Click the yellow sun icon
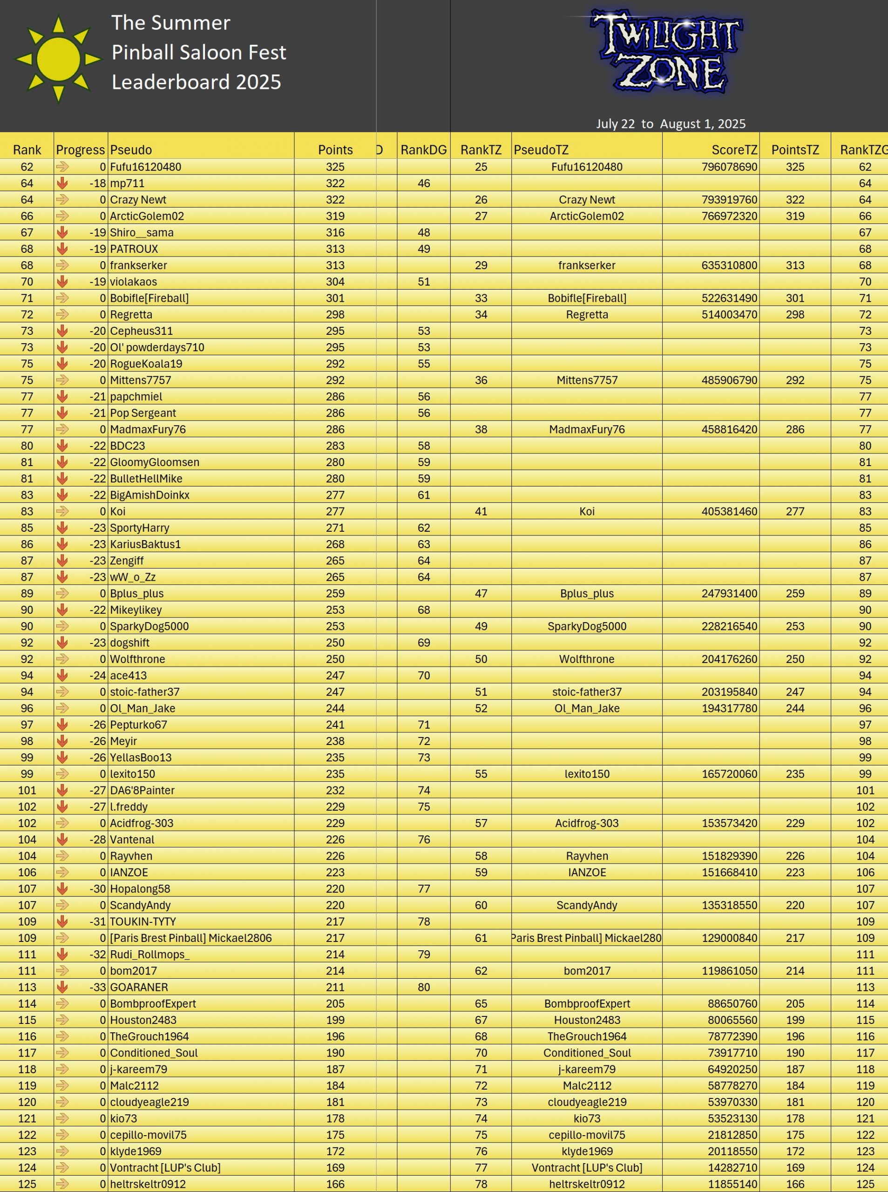click(58, 59)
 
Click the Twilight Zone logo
click(666, 52)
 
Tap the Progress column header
click(80, 150)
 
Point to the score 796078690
click(729, 167)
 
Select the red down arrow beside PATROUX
click(62, 249)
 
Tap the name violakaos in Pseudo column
click(133, 282)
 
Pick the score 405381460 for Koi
click(729, 512)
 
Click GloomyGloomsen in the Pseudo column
click(154, 462)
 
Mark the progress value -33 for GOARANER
click(97, 987)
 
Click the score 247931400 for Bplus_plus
click(729, 593)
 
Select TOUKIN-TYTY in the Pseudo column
click(142, 921)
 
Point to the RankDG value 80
click(424, 987)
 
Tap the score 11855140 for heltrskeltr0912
click(732, 1184)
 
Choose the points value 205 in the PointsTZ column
click(794, 1004)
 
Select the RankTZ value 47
click(481, 593)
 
